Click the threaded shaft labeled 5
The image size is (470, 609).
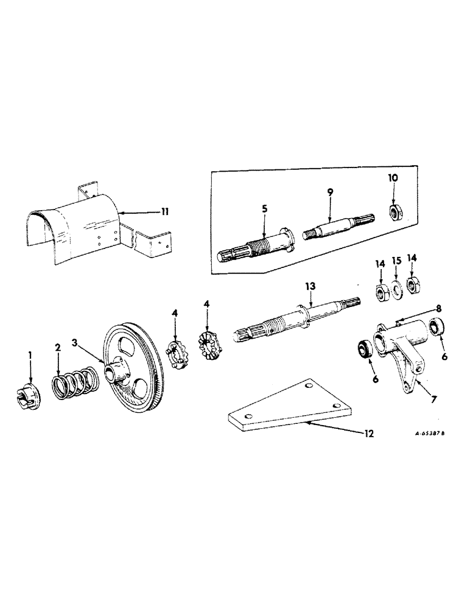click(x=254, y=246)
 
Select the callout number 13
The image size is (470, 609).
click(x=312, y=287)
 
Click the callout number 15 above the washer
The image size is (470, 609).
click(x=396, y=263)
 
